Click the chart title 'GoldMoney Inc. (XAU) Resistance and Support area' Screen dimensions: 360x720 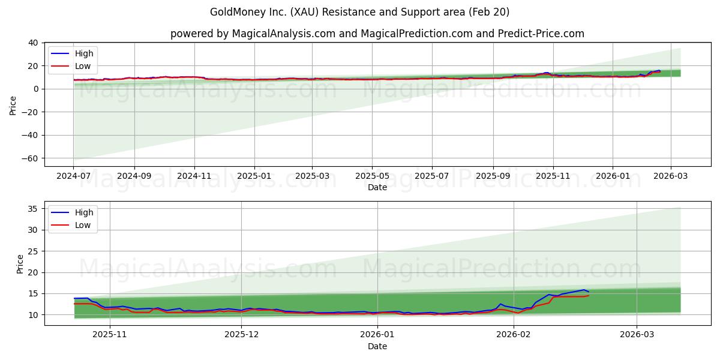point(359,12)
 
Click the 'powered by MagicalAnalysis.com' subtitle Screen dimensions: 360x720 point(377,34)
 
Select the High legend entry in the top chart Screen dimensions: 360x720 point(83,53)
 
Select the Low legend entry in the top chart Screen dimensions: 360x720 point(83,66)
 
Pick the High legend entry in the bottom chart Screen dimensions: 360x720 point(83,212)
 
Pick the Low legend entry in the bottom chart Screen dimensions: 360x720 point(83,225)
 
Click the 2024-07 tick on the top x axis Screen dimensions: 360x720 point(73,176)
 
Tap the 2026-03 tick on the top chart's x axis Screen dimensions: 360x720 point(670,176)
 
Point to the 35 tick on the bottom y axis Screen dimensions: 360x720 point(33,209)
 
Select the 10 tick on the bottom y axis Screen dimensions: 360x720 point(33,315)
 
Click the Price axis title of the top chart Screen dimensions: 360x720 point(13,104)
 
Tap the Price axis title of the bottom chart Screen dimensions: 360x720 point(20,263)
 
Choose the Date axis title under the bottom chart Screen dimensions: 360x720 point(377,346)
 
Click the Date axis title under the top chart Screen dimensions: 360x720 point(377,187)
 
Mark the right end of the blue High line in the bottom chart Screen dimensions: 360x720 point(589,292)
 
